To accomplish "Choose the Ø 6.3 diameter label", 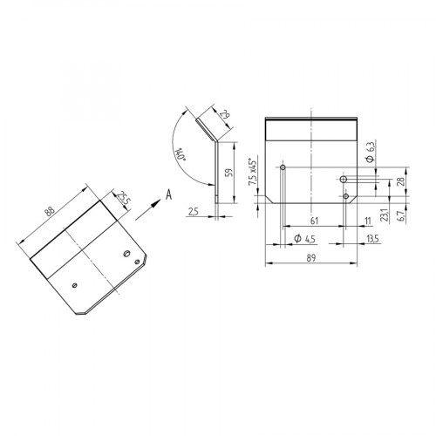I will tap(371, 154).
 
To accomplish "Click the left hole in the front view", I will tap(283, 166).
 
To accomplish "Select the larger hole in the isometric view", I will tap(128, 254).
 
